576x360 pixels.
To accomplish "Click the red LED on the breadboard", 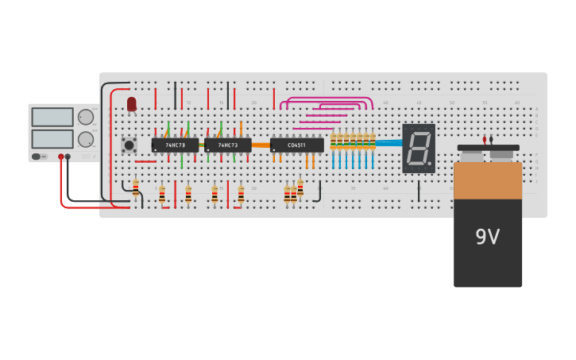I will tap(132, 103).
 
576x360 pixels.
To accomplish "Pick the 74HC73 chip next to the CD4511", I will tap(227, 145).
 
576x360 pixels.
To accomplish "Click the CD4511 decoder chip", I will tap(296, 145).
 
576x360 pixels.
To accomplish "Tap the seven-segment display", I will tap(419, 148).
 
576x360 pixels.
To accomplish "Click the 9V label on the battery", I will tap(487, 237).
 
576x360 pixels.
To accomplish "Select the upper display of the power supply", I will tap(52, 117).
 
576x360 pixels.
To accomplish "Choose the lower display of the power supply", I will tap(52, 139).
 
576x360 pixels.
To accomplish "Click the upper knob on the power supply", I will tap(85, 117).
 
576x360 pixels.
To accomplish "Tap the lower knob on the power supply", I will tap(85, 140).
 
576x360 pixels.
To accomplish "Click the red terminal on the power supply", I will tap(60, 157).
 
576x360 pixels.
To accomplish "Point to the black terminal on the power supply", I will tap(68, 157).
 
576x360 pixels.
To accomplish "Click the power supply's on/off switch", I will tap(37, 157).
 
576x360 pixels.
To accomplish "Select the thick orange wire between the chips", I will tap(261, 145).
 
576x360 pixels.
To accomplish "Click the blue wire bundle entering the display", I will tap(389, 143).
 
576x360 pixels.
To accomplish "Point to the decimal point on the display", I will tap(430, 165).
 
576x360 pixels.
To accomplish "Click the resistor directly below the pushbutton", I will tap(136, 188).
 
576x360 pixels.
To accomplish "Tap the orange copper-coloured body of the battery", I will tap(488, 180).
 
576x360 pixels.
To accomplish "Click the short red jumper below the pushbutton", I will tap(145, 162).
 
